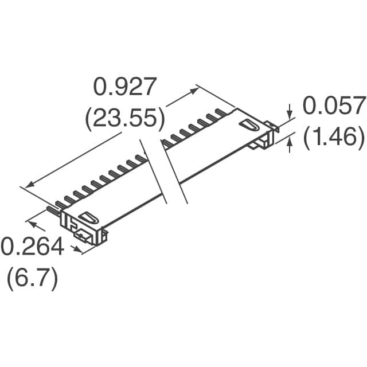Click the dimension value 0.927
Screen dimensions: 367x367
point(124,87)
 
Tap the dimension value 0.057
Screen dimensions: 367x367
point(334,106)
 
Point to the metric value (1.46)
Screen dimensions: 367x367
point(334,138)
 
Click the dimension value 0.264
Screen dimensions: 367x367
point(33,247)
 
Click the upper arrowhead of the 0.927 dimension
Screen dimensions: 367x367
point(194,91)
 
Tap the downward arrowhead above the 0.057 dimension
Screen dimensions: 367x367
point(290,115)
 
